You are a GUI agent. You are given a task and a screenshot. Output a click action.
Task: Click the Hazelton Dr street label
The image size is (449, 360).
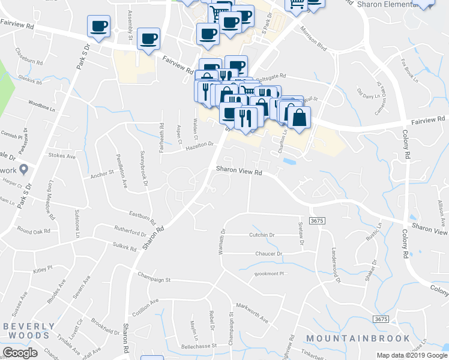(x=199, y=145)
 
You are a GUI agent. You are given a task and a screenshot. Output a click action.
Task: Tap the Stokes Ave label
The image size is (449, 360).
(x=62, y=156)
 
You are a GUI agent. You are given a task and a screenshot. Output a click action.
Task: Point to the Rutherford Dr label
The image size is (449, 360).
(x=130, y=232)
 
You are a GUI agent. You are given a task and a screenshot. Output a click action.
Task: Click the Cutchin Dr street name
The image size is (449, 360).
(x=262, y=235)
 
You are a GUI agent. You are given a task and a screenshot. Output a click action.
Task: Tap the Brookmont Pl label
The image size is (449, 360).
(x=268, y=274)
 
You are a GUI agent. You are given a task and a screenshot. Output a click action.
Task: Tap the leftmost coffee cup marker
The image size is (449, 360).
(x=99, y=26)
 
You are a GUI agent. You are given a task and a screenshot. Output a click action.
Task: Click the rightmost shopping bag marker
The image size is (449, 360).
(x=299, y=116)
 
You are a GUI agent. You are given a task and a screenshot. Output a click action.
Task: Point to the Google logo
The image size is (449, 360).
(x=20, y=353)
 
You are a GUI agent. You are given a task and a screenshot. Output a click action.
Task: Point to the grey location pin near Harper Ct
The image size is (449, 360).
(x=23, y=170)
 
